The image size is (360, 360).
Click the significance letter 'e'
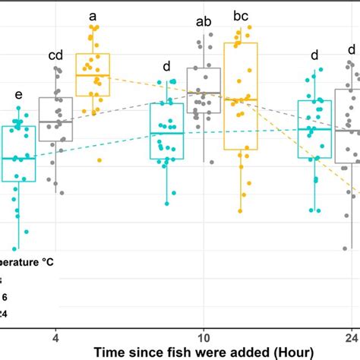(x=18, y=95)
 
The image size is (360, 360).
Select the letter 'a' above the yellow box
(x=93, y=15)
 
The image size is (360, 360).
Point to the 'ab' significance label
(x=203, y=22)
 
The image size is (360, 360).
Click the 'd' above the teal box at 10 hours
(x=166, y=65)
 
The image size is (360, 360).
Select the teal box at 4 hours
(x=19, y=153)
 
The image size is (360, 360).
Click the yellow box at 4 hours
(x=93, y=74)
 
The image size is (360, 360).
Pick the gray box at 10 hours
(x=203, y=90)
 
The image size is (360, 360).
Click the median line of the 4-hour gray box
(x=55, y=121)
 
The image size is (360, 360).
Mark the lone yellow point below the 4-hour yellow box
(x=99, y=160)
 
